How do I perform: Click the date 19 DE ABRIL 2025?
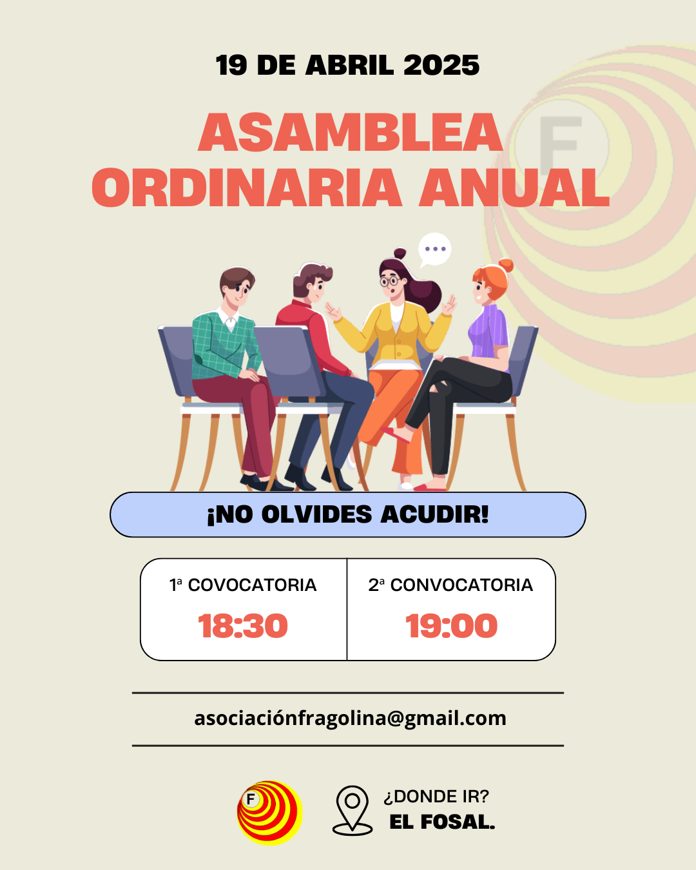coord(347,65)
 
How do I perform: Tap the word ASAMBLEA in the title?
coord(350,132)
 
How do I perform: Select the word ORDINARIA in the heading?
coord(247,188)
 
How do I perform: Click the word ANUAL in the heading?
coord(514,188)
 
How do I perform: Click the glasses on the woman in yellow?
coord(391,281)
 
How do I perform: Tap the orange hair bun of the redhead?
coord(505,266)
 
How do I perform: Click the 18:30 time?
coord(243,626)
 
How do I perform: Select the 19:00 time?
coord(451,626)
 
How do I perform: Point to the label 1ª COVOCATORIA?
coord(243,585)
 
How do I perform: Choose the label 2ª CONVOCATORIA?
coord(450,585)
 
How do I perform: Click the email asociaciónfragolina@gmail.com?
coord(350,719)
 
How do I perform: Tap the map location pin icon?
coord(353,810)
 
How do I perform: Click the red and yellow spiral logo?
coord(270,813)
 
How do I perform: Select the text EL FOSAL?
coord(443,822)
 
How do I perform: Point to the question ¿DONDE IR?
coord(436,797)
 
